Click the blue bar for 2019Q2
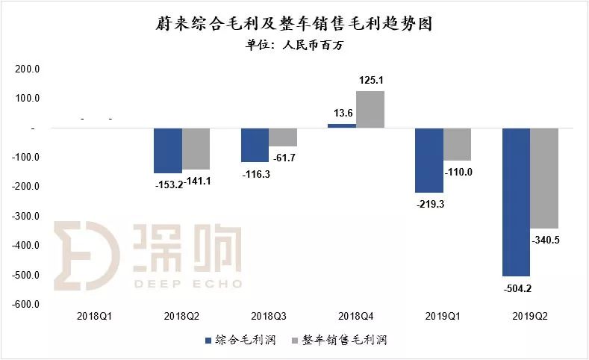click(x=516, y=202)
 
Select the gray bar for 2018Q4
click(x=370, y=110)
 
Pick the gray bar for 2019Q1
click(x=457, y=144)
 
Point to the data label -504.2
click(x=516, y=287)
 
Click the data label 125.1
click(x=371, y=81)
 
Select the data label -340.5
click(x=546, y=240)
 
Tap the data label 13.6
click(x=341, y=113)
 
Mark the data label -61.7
click(x=284, y=157)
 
